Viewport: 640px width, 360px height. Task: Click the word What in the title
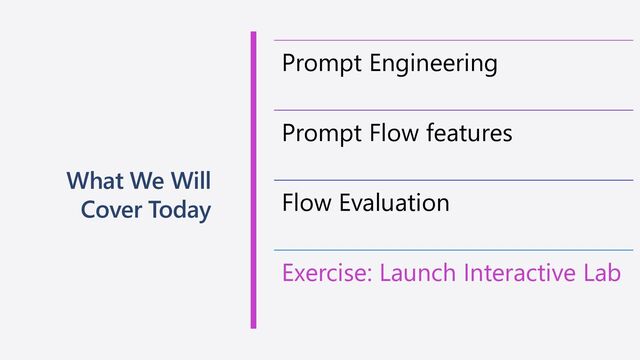[x=93, y=182]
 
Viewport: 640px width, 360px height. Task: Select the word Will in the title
[x=190, y=182]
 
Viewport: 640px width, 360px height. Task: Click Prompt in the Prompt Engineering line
[x=320, y=64]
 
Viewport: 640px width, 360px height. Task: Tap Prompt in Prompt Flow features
[x=320, y=133]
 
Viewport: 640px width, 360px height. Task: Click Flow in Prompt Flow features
[x=392, y=133]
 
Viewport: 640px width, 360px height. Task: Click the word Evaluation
[x=394, y=203]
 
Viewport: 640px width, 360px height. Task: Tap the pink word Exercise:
[x=326, y=273]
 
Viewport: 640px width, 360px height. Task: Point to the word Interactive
[x=521, y=273]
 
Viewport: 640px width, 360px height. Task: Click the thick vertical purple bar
[x=253, y=180]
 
